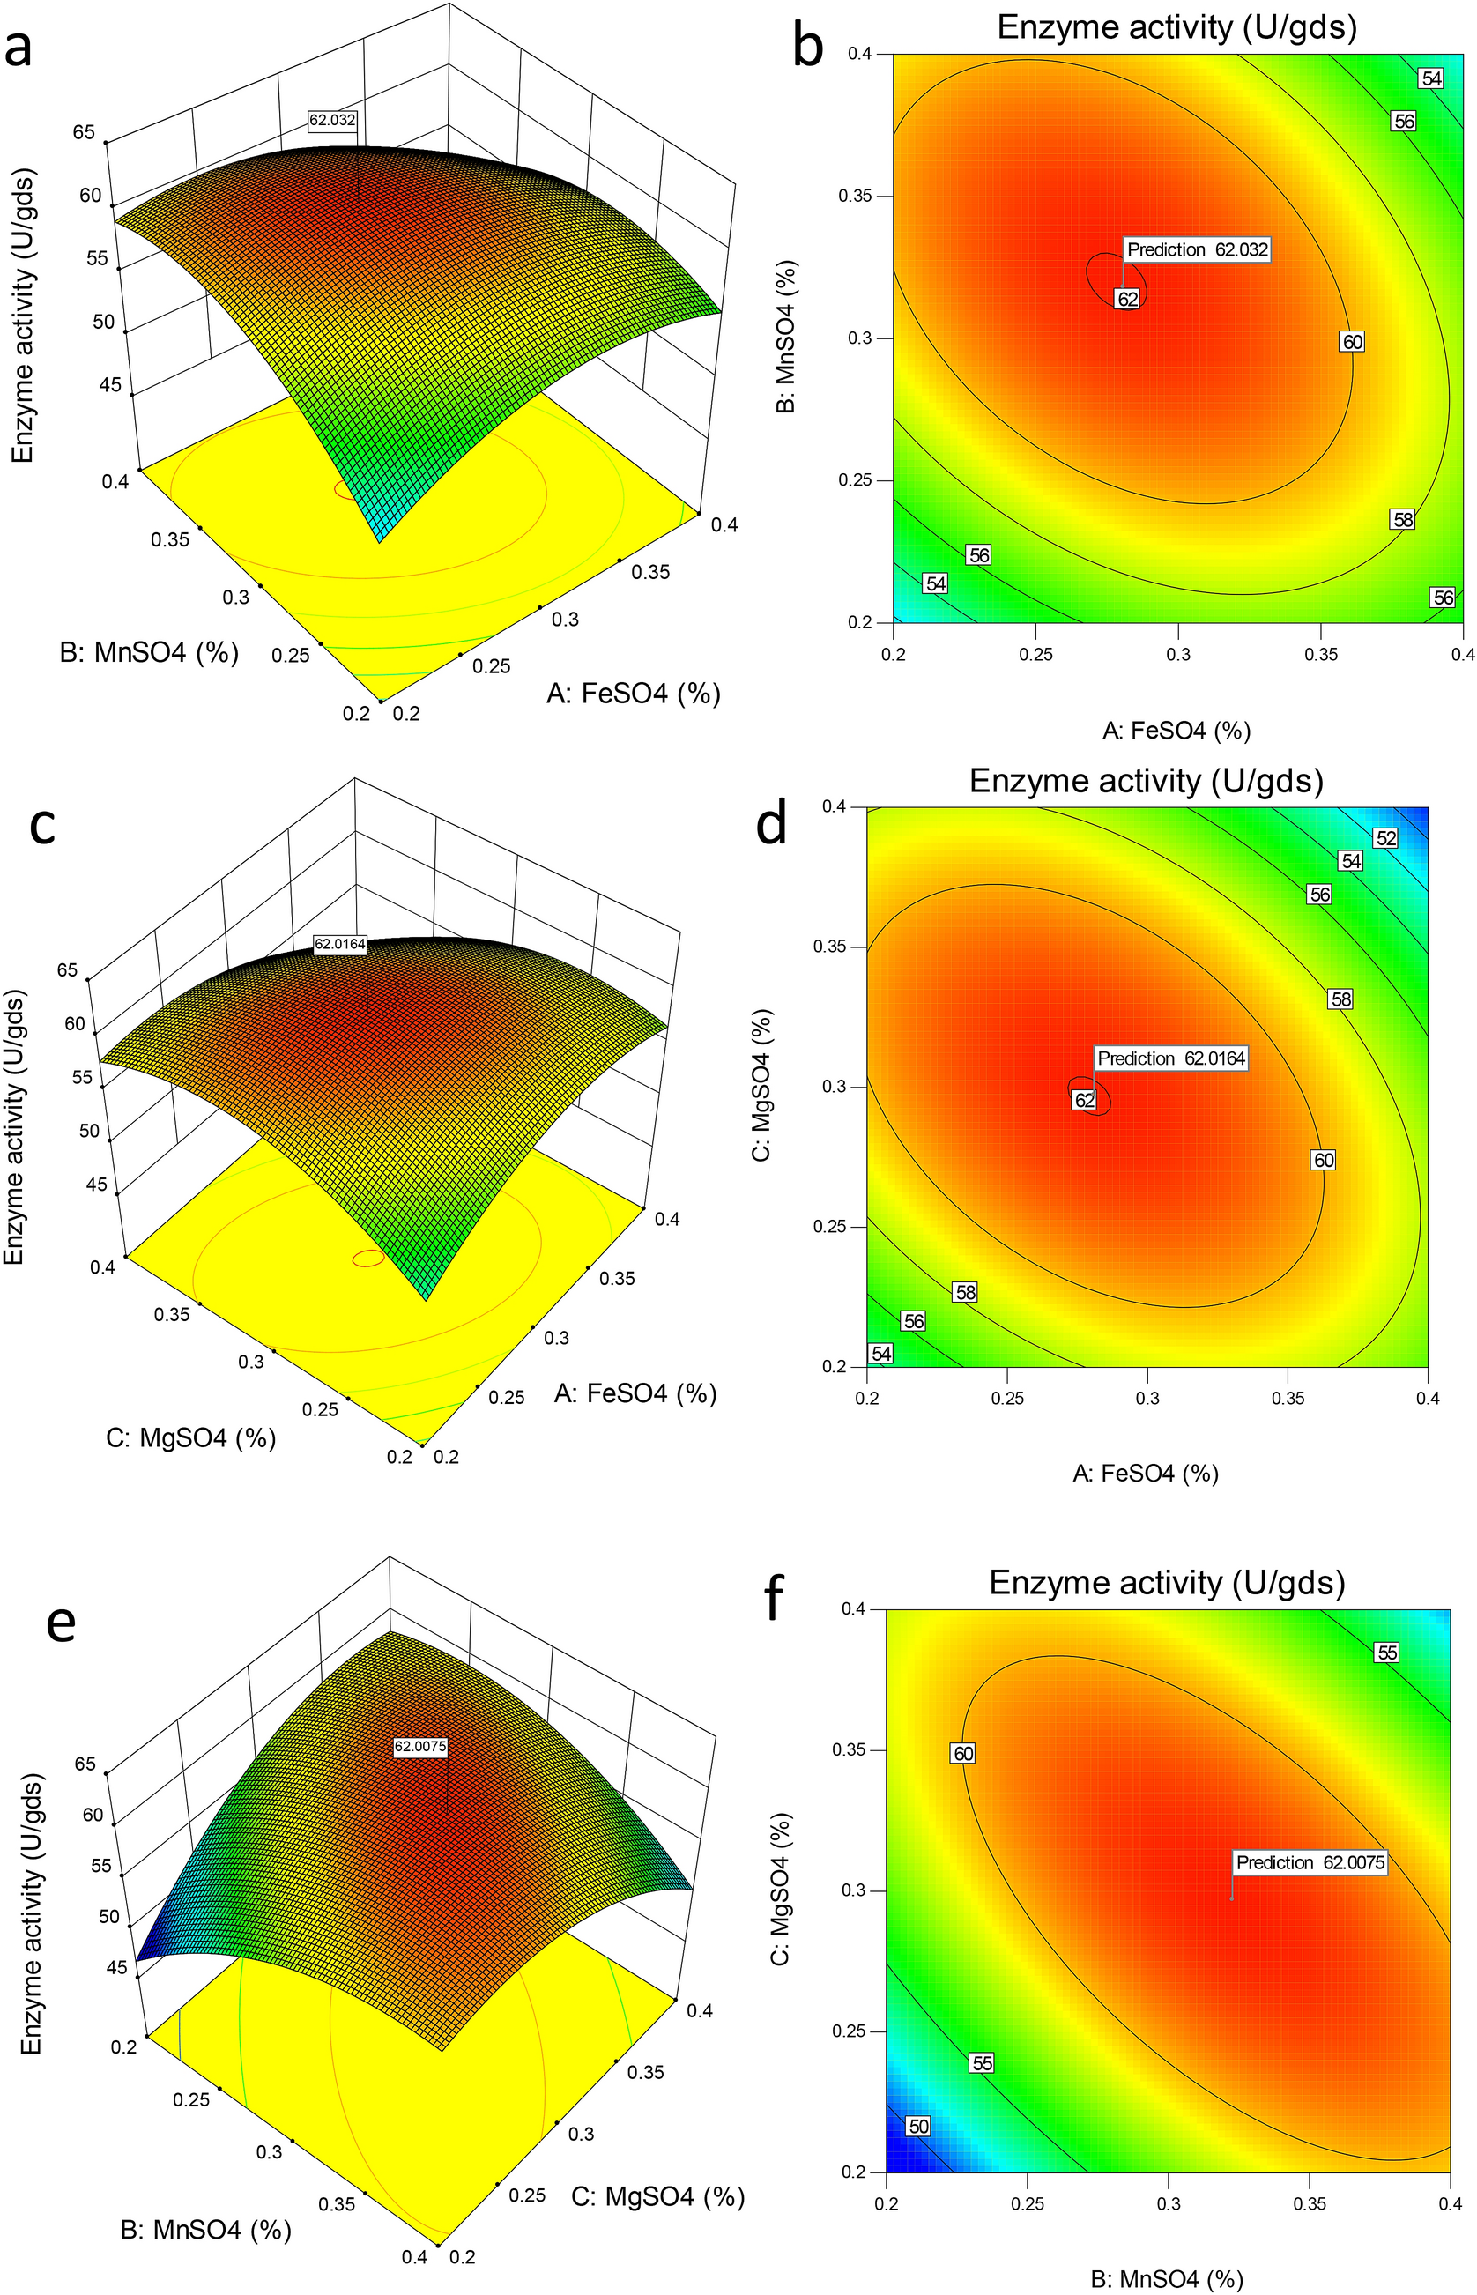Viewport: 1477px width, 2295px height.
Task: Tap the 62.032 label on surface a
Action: (333, 120)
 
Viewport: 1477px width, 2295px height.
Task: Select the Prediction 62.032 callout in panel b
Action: (1197, 250)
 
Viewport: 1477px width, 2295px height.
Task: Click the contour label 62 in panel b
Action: (1128, 300)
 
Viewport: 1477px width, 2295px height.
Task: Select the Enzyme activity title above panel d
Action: (1147, 781)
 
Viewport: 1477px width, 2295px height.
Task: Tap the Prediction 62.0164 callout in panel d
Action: (1171, 1058)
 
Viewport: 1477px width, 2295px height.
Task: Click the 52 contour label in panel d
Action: (1386, 838)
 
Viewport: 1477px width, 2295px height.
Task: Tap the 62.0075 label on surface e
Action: (420, 1747)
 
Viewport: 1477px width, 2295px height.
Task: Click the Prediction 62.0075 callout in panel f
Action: (1310, 1862)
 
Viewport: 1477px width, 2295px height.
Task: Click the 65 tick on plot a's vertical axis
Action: (85, 131)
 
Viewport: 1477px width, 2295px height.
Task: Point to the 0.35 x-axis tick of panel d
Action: (1288, 1399)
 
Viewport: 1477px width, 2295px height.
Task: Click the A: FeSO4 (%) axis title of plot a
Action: (633, 694)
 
